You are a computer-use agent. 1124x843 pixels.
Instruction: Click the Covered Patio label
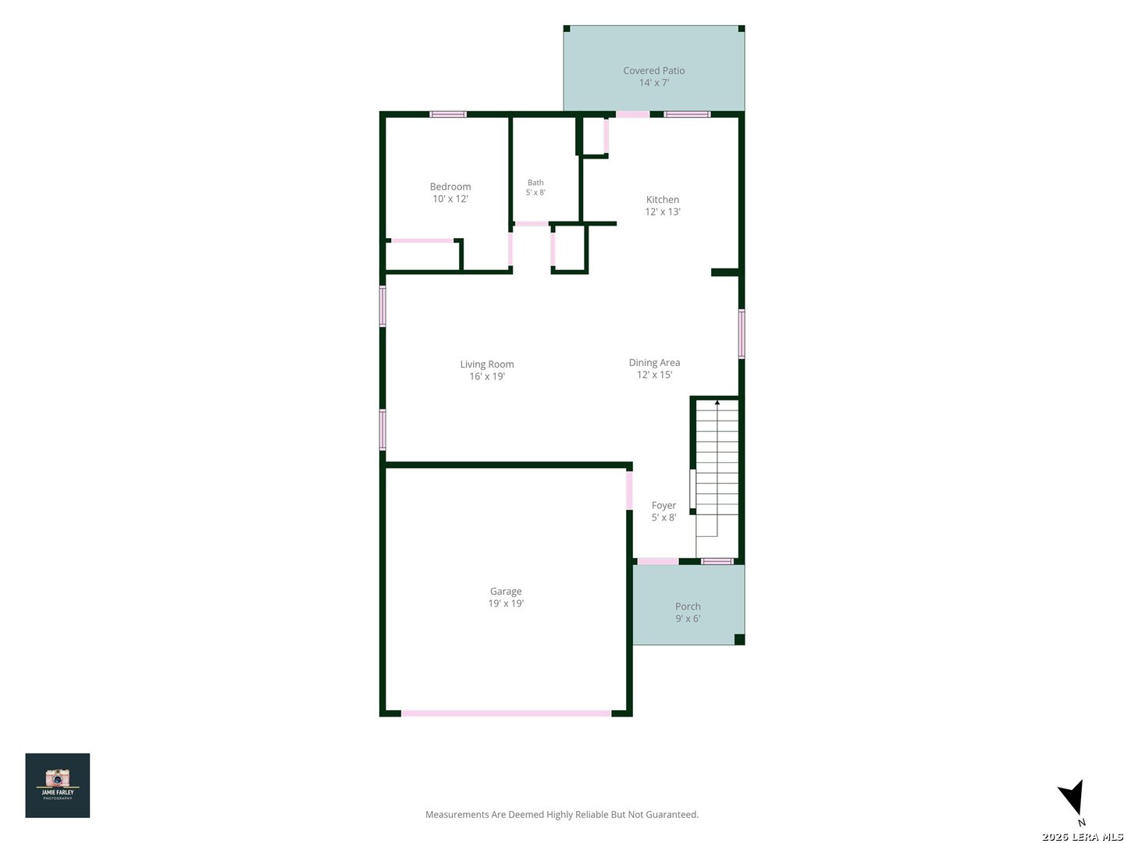(x=653, y=76)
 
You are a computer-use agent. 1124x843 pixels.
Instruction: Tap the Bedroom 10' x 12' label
(x=450, y=193)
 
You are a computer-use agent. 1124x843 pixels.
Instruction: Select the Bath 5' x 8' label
(x=535, y=187)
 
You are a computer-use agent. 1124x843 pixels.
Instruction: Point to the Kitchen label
(x=662, y=205)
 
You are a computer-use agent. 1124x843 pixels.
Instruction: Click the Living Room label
(x=486, y=370)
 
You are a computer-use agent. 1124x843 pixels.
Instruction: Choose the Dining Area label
(x=654, y=368)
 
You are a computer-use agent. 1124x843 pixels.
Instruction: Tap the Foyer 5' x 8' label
(x=663, y=511)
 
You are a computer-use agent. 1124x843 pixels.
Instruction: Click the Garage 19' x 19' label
(x=506, y=597)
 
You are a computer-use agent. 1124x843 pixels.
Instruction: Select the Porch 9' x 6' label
(x=687, y=612)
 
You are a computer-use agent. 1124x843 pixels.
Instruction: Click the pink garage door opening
(x=506, y=713)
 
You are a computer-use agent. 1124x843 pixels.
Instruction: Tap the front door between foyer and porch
(x=657, y=561)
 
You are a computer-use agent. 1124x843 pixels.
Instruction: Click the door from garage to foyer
(x=629, y=490)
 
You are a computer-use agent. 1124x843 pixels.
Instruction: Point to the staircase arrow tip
(x=717, y=402)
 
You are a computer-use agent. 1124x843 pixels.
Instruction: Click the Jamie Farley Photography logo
(x=57, y=785)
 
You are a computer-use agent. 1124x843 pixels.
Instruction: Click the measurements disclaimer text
(x=561, y=814)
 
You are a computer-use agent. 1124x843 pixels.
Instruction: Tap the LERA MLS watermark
(x=1082, y=837)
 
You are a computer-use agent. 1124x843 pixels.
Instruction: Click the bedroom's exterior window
(x=447, y=114)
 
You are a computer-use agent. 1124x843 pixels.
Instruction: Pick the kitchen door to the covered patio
(x=632, y=114)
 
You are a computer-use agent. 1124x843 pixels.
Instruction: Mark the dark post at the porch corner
(x=739, y=639)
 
